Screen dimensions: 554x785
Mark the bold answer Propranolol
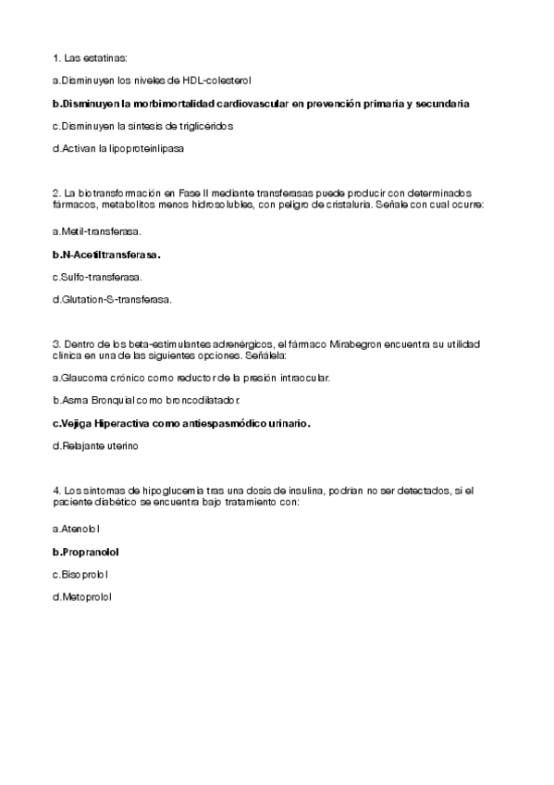click(x=90, y=552)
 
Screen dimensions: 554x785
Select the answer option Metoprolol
click(x=85, y=598)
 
